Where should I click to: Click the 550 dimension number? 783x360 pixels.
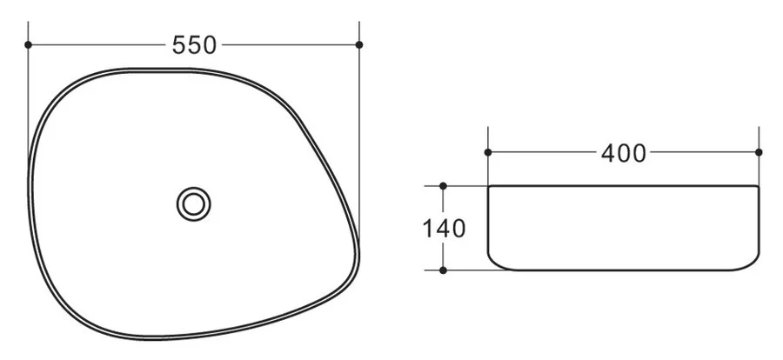194,45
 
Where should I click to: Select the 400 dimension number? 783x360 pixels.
624,154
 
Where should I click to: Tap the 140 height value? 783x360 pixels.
444,230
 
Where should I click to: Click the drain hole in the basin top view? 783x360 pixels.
194,204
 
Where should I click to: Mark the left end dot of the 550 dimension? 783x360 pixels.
29,44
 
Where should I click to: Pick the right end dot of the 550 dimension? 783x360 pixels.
359,44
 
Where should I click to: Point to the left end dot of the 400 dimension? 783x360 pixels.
488,153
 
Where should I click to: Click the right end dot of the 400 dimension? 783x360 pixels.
760,153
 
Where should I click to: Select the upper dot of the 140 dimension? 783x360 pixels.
444,186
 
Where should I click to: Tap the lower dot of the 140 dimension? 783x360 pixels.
444,270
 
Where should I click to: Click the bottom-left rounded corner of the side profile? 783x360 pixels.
493,263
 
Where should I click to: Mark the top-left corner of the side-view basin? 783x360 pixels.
489,187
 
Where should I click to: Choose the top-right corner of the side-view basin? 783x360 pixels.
759,187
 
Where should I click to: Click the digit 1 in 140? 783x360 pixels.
428,230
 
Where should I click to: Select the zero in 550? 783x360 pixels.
208,45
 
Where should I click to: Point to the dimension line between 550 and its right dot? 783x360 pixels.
287,44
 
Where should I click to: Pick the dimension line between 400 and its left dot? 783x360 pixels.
544,153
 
